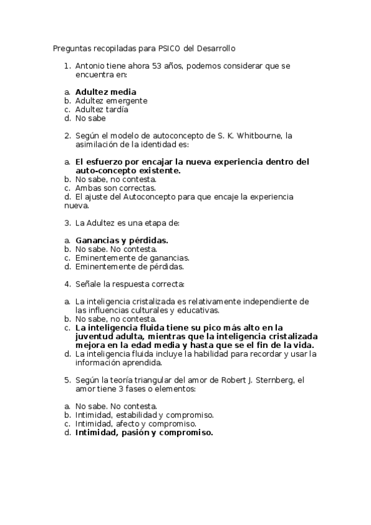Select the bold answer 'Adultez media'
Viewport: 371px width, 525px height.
(106, 92)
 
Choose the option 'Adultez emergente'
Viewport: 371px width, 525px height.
(111, 101)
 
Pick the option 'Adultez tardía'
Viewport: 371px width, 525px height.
(102, 110)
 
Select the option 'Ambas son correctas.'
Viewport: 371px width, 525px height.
(115, 188)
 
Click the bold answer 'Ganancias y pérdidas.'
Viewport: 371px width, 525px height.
(122, 240)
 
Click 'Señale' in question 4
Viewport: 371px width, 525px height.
(89, 284)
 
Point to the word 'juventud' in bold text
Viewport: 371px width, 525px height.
(95, 336)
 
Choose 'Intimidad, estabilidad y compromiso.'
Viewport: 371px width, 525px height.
(144, 415)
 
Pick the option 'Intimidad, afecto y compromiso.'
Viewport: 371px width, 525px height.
(136, 424)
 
